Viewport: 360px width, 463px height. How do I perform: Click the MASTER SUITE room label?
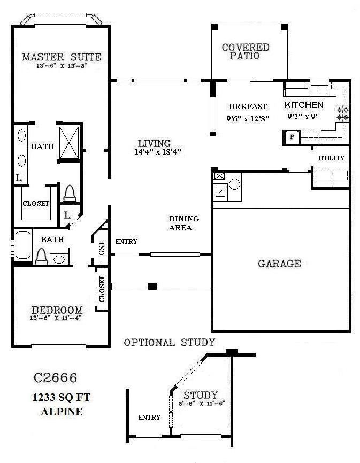pyautogui.click(x=61, y=57)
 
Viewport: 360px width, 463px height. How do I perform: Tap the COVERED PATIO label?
pyautogui.click(x=246, y=51)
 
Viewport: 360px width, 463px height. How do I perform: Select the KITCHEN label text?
pyautogui.click(x=303, y=105)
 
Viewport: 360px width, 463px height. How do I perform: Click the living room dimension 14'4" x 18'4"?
pyautogui.click(x=158, y=152)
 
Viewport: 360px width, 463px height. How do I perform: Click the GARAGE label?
pyautogui.click(x=279, y=264)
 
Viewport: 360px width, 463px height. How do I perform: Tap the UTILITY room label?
pyautogui.click(x=331, y=158)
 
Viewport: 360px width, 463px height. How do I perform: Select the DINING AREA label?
pyautogui.click(x=184, y=223)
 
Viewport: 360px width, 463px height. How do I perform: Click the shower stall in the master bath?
pyautogui.click(x=70, y=142)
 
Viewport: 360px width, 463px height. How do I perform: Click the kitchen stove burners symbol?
pyautogui.click(x=342, y=113)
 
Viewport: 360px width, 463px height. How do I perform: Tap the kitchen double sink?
pyautogui.click(x=319, y=90)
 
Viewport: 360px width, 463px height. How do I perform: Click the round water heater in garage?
pyautogui.click(x=235, y=185)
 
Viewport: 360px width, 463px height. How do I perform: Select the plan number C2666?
pyautogui.click(x=56, y=378)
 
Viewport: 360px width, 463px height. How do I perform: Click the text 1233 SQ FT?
pyautogui.click(x=56, y=398)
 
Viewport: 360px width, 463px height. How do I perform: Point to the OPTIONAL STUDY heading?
pyautogui.click(x=169, y=342)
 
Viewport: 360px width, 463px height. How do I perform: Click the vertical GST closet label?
pyautogui.click(x=101, y=248)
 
